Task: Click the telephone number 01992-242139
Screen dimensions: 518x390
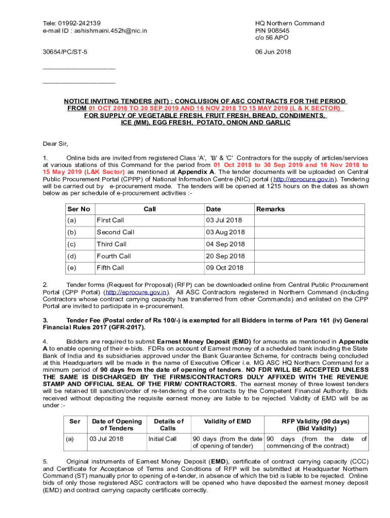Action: [x=79, y=23]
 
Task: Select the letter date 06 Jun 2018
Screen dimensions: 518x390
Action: [x=273, y=52]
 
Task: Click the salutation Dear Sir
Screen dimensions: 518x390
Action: [x=55, y=144]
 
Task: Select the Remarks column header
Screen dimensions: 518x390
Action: [x=270, y=209]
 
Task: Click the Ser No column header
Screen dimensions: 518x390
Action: [x=79, y=209]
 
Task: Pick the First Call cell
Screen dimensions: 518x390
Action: [x=110, y=221]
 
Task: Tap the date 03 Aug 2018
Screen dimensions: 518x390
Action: [x=225, y=232]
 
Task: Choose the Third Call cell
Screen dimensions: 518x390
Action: [x=111, y=244]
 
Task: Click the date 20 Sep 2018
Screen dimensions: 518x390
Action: [x=225, y=256]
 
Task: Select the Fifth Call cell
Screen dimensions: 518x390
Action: [x=110, y=268]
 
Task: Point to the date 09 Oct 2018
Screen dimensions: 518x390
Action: [x=224, y=268]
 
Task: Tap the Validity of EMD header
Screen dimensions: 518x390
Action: [x=227, y=421]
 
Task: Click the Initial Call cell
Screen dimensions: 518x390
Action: [x=162, y=439]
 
